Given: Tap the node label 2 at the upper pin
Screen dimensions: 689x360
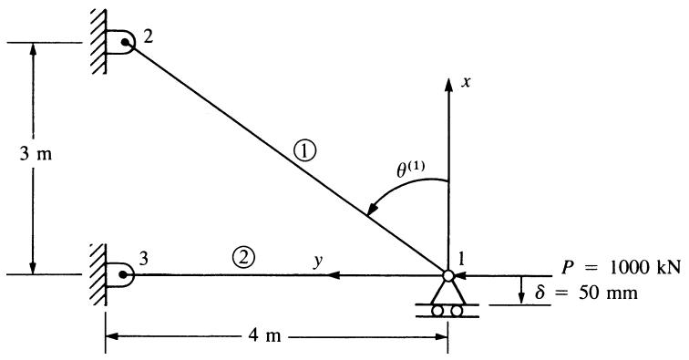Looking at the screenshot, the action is [148, 36].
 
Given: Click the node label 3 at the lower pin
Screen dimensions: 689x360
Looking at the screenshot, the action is [144, 259].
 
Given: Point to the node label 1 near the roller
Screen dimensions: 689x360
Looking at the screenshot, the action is [461, 260].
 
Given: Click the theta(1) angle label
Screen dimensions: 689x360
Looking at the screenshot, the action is [411, 170].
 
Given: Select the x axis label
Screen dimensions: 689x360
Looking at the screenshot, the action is [466, 82].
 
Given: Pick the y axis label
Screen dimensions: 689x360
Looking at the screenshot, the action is [318, 261].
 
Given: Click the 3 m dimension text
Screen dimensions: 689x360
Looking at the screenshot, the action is [36, 154].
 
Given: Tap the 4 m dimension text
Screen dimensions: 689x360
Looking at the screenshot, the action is [264, 335].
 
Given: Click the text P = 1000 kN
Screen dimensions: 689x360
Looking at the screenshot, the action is [622, 267].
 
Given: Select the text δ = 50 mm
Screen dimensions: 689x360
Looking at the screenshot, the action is [586, 293].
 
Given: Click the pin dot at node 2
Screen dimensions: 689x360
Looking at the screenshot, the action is [126, 42].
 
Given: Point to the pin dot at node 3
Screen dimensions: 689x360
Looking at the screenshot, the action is [123, 274].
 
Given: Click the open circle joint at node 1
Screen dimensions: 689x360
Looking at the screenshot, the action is [448, 275].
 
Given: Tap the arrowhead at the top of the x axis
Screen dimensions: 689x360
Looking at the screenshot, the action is [448, 85].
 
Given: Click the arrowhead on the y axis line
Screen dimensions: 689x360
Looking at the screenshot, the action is [334, 275].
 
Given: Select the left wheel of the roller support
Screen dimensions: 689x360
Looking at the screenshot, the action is [437, 311].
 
